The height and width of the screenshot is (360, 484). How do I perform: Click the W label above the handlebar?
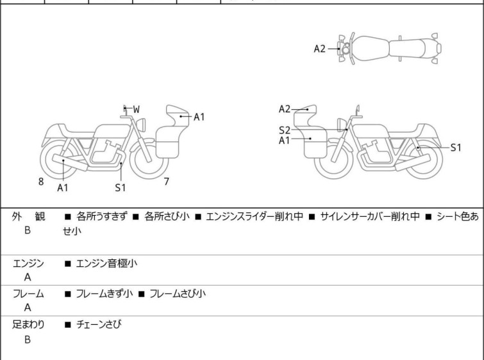tap(137, 109)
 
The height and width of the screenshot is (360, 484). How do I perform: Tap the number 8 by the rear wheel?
tap(41, 182)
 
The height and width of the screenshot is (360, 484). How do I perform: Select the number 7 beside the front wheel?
tap(166, 182)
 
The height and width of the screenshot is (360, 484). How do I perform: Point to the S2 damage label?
tap(285, 130)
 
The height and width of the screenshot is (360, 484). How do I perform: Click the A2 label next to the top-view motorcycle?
tap(320, 49)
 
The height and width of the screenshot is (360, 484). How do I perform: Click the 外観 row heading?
tap(28, 217)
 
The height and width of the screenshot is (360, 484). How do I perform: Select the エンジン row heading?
tap(28, 263)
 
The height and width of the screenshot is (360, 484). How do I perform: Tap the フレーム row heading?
tap(28, 294)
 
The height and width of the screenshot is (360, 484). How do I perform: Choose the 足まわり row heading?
tap(28, 325)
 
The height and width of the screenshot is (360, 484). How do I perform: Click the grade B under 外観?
tap(28, 232)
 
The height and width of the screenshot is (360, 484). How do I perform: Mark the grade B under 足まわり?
tap(28, 339)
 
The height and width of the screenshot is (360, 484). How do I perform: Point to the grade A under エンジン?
tap(28, 278)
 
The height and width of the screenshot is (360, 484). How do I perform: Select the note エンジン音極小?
tap(106, 263)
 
